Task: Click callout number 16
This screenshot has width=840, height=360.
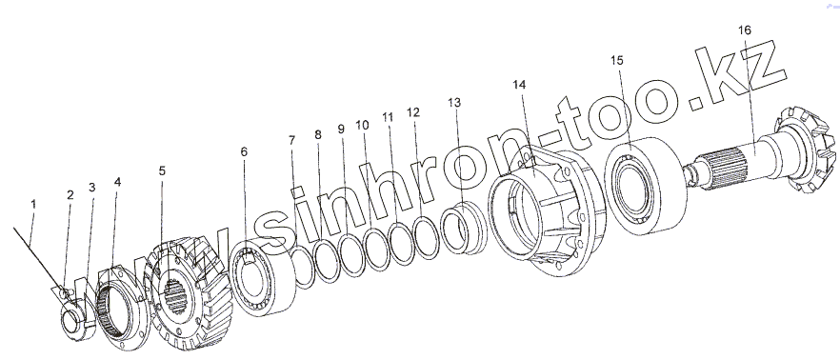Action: pos(745,30)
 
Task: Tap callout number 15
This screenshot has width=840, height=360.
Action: pos(617,61)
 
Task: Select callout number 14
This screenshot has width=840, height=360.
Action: pos(519,85)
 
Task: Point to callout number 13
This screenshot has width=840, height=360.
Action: pos(454,102)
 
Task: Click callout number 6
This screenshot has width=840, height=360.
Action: pos(244,152)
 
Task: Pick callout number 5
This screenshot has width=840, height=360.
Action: pos(162,170)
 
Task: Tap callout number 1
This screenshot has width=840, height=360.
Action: pos(33,204)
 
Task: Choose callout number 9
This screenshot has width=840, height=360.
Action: pos(342,130)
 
